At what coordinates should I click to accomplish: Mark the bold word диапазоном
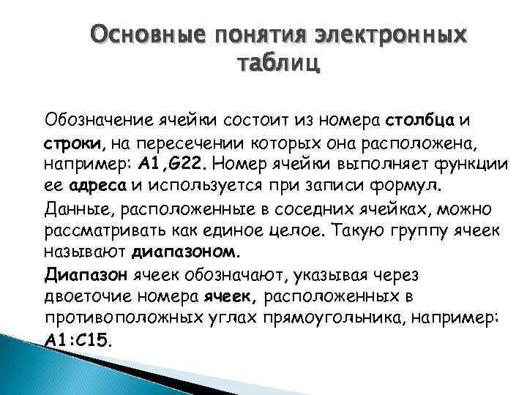pyautogui.click(x=184, y=252)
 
